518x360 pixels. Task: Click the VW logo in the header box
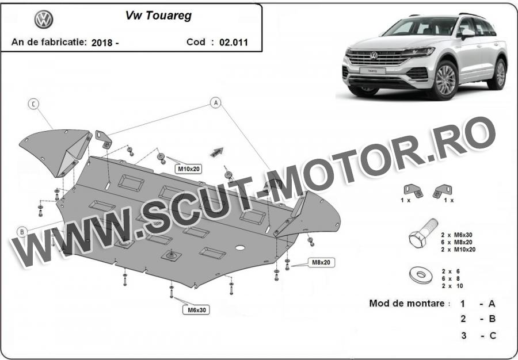coord(44,20)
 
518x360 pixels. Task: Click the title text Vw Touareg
coord(158,16)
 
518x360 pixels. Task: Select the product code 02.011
coord(234,42)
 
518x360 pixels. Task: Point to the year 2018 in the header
coord(102,43)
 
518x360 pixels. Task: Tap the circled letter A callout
coord(215,102)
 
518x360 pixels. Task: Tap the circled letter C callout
coord(33,104)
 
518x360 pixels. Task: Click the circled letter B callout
coord(22,232)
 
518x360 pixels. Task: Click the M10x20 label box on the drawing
coord(189,169)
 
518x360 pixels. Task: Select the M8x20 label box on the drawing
coord(321,262)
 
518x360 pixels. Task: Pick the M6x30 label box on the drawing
coord(197,310)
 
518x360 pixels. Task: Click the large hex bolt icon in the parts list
coord(423,233)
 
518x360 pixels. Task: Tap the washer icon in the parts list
coord(421,275)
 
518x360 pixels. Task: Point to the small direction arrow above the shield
coord(217,152)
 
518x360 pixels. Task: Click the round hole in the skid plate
coord(240,247)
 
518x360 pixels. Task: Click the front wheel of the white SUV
coord(445,80)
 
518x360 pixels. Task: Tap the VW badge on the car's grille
coord(374,55)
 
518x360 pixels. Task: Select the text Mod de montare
coord(407,303)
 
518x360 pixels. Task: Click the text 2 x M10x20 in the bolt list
coord(459,250)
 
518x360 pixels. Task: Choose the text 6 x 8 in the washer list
coord(451,278)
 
